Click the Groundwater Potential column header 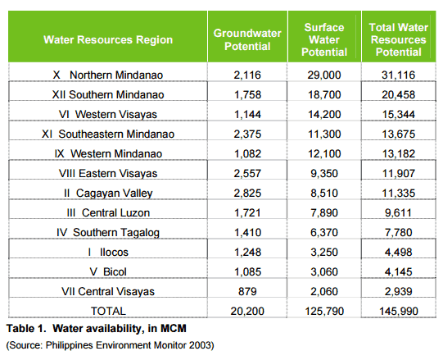(x=247, y=39)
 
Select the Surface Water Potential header (x=324, y=39)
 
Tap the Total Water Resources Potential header (x=398, y=39)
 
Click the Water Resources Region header (x=108, y=39)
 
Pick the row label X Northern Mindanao (x=108, y=75)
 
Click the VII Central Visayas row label (x=108, y=291)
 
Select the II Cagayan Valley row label (x=108, y=194)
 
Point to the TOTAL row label (x=108, y=312)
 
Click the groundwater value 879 (x=247, y=291)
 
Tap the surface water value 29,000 (x=324, y=75)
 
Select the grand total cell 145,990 (x=399, y=312)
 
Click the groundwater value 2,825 (x=247, y=194)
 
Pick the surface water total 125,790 (x=324, y=312)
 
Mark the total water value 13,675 (x=399, y=134)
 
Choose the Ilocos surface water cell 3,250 (x=324, y=253)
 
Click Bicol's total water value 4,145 (x=399, y=272)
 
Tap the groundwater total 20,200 (x=247, y=312)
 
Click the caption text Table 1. (x=26, y=329)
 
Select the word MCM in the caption (x=174, y=329)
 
